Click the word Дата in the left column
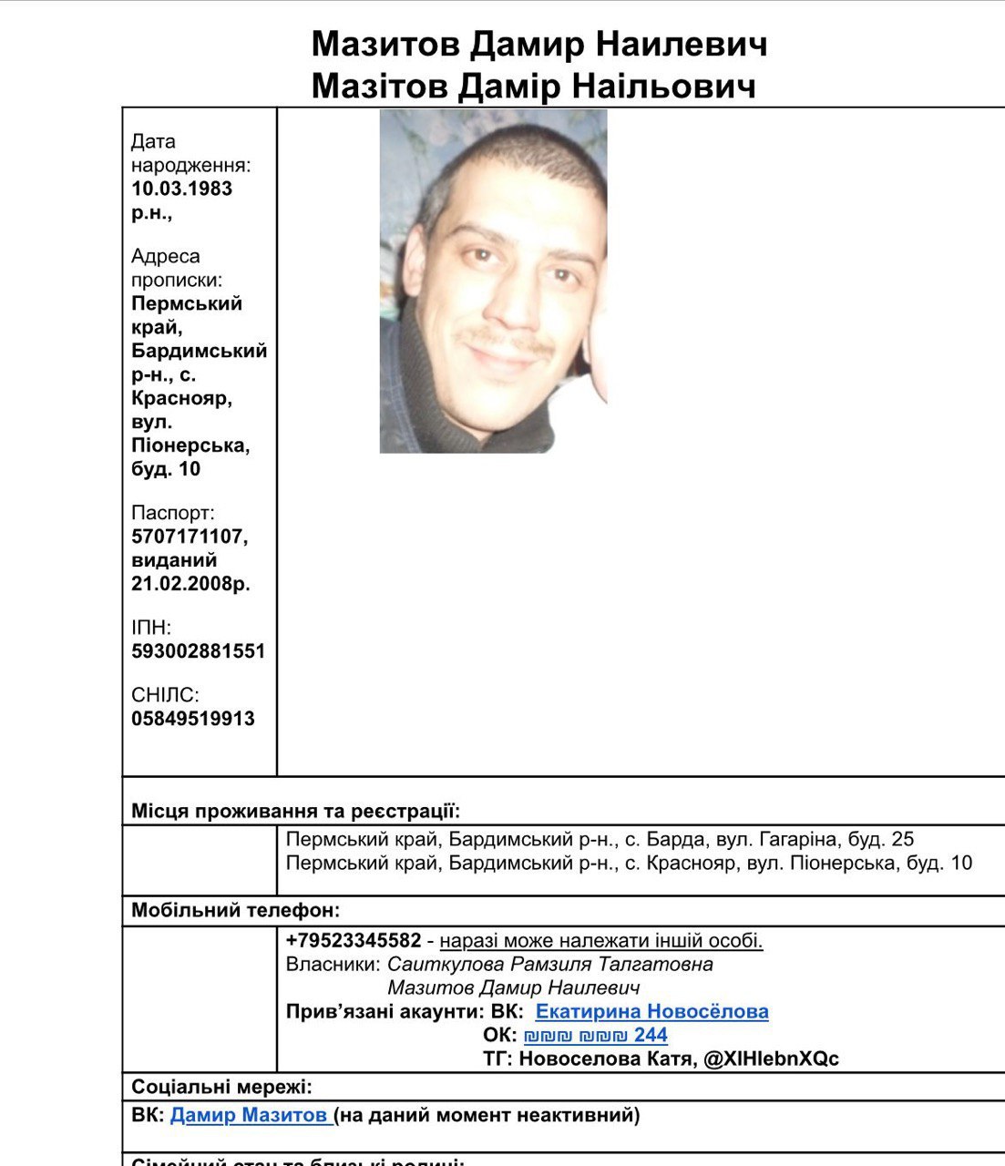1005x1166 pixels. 153,141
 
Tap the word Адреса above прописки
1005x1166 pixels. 165,256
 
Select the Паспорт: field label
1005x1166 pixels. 172,513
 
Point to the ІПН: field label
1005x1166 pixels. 151,627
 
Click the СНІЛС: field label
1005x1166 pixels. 165,695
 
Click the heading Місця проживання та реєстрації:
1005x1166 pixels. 295,811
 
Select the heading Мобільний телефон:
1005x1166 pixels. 235,910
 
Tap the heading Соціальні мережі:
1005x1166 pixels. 221,1087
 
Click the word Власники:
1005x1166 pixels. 333,964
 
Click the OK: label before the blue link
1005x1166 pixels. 499,1035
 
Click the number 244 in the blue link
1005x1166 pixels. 651,1035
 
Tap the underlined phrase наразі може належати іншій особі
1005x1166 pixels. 600,940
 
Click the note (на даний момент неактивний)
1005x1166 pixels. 487,1114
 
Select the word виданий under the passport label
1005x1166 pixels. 174,560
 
